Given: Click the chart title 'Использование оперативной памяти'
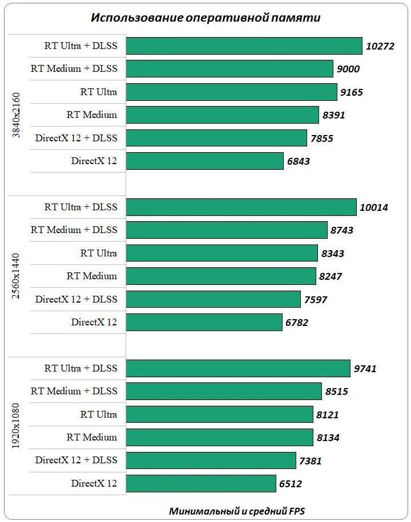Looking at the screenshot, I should (x=205, y=18).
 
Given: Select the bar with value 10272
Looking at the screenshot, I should (x=244, y=46).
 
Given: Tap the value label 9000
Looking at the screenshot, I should (x=348, y=69).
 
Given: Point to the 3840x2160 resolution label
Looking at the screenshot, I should (x=17, y=115).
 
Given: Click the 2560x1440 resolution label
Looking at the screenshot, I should (x=17, y=276).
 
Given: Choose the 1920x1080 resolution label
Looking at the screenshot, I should (x=17, y=425).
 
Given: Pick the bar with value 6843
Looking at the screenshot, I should (x=204, y=161).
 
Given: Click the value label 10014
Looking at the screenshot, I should (x=374, y=207).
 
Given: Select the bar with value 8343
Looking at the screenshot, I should (x=221, y=253).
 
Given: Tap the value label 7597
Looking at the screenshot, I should (x=316, y=299).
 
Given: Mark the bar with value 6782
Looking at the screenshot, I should (x=204, y=323).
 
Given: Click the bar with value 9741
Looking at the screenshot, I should (x=237, y=368).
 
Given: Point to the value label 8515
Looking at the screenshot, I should (x=337, y=392).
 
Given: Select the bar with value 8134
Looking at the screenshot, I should (x=219, y=438).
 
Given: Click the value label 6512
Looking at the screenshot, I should (x=291, y=484).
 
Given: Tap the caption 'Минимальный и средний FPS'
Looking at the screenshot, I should (x=237, y=511).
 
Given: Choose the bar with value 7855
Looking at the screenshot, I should (x=216, y=138).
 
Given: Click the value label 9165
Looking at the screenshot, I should (x=352, y=92).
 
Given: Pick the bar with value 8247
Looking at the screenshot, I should (x=220, y=276).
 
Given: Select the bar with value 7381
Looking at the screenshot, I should (x=211, y=460).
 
